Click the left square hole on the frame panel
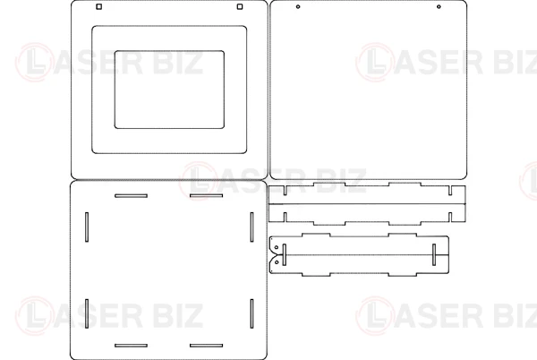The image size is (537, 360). point(99,6)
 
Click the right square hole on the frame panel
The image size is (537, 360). point(240,6)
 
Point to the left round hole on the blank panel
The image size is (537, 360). point(298,6)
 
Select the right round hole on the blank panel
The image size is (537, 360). point(439,6)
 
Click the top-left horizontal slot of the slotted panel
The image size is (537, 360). point(132,196)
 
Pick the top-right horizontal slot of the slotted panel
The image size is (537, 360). point(206,196)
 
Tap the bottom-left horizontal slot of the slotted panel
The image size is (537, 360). point(132,346)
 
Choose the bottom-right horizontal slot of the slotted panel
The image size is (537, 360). point(206,346)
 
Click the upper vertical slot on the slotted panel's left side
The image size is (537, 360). point(87,227)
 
